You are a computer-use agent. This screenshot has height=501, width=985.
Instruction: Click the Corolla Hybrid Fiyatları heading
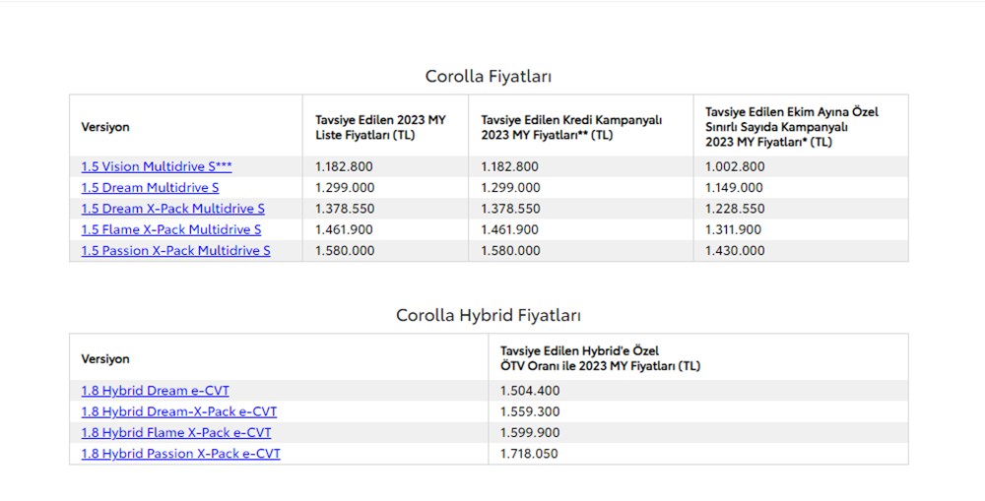tap(489, 315)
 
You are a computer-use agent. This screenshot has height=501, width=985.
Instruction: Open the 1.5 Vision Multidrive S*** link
tap(157, 166)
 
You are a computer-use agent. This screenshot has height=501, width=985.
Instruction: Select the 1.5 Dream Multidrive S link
tap(150, 187)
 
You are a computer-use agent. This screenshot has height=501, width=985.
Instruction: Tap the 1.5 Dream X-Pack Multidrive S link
tap(172, 209)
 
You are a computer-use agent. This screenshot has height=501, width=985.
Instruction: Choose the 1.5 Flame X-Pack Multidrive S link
tap(170, 229)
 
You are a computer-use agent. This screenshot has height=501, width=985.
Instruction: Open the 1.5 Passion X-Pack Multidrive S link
tap(175, 250)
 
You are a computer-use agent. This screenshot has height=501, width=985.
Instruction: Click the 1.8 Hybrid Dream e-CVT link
tap(155, 391)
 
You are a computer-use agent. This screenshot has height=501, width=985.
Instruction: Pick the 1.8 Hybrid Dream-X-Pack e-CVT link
tap(178, 411)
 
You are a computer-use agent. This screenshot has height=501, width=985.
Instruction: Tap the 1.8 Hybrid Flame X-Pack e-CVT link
tap(176, 432)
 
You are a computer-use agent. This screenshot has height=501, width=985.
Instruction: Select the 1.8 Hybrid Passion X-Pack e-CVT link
tap(180, 454)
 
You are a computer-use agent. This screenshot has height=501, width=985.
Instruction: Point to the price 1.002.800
tap(734, 166)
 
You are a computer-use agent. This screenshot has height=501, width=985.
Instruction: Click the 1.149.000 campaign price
tap(734, 187)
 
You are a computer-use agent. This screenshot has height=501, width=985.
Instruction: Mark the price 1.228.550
tap(734, 209)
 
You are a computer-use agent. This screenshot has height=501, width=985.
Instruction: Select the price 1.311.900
tap(734, 229)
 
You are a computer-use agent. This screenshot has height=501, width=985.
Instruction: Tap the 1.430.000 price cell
tap(734, 250)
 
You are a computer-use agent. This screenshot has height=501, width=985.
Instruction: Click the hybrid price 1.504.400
tap(530, 391)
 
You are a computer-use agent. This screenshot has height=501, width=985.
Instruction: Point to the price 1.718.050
tap(530, 454)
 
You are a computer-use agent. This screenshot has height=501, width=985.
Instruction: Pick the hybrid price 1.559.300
tap(530, 411)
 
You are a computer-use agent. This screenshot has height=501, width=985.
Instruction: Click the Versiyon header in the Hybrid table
tap(105, 358)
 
